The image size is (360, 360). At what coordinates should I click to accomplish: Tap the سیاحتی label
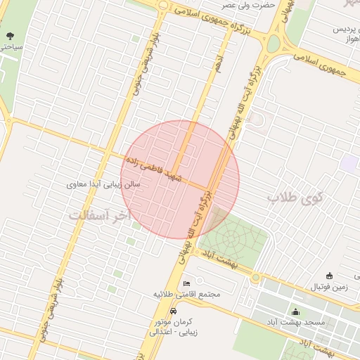tap(11, 46)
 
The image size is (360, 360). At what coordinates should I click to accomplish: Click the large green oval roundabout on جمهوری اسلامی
tap(273, 44)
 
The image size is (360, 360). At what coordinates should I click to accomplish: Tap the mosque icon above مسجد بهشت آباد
tap(295, 311)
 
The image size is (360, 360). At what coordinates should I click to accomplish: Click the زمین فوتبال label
tap(333, 288)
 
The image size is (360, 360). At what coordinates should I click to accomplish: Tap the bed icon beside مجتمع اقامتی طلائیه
tap(186, 283)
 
